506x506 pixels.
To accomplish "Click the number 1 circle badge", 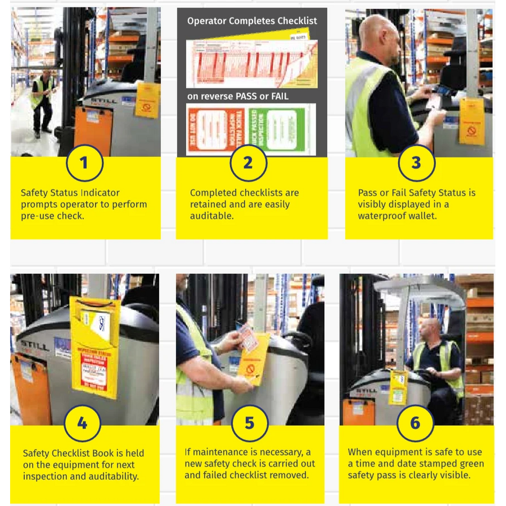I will click(x=84, y=163).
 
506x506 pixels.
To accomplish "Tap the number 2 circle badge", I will click(x=247, y=163).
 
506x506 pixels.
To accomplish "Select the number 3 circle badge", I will click(x=416, y=163).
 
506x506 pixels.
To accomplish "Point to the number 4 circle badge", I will click(x=82, y=423).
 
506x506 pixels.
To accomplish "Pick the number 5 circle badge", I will click(x=249, y=423).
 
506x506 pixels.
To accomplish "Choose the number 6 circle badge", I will click(x=415, y=423).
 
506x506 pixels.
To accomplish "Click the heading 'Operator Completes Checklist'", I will click(x=252, y=21).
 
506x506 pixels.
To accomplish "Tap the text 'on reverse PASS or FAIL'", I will click(x=238, y=96).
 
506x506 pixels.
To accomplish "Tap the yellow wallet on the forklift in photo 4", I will click(x=95, y=344).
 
